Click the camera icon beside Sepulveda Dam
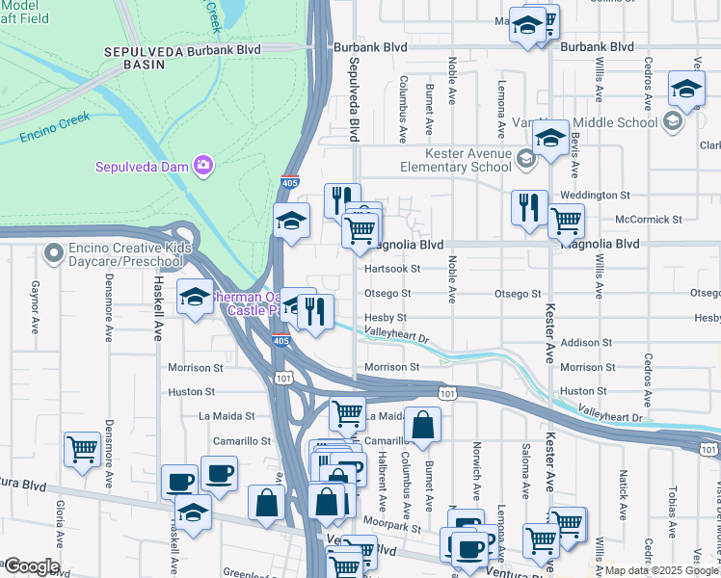coord(202,166)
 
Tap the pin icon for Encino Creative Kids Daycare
coord(53,254)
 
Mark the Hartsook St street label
coord(392,269)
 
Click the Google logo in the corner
coord(31,566)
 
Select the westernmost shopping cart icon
coord(82,448)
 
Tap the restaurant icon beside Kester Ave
coord(528,208)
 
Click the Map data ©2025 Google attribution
coord(660,570)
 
